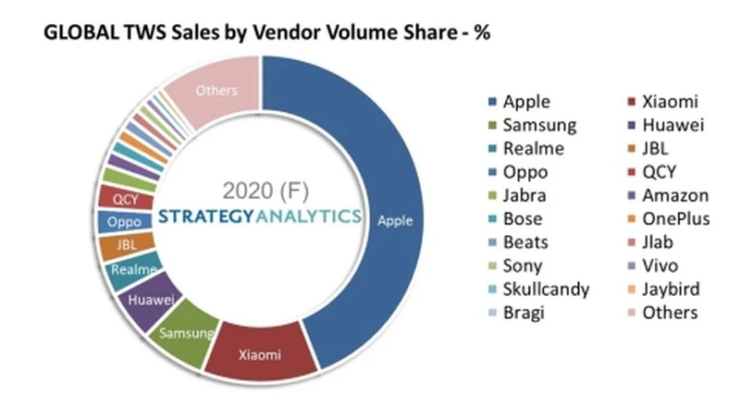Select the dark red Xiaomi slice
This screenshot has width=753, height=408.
260,353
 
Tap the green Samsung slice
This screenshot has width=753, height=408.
189,328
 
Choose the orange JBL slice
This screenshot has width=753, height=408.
117,245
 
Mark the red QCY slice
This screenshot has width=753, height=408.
119,198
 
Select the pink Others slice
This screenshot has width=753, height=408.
217,90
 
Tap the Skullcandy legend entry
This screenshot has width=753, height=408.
544,289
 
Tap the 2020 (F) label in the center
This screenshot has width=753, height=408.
262,192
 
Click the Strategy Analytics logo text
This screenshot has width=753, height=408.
260,216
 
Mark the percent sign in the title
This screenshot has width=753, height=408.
480,33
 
